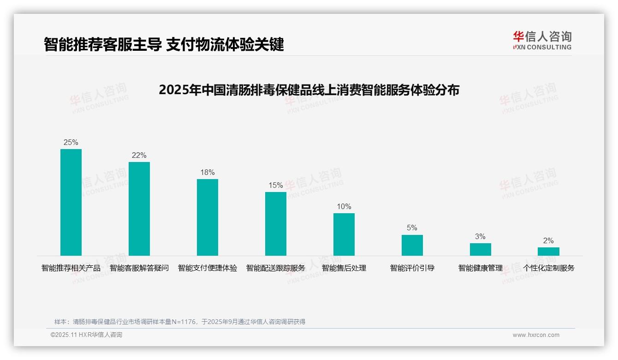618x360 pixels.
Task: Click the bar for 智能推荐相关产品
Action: coord(71,202)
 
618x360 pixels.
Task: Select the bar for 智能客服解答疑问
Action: coord(139,209)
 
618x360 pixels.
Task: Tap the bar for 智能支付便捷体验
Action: coord(208,217)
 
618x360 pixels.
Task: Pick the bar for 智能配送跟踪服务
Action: coord(276,224)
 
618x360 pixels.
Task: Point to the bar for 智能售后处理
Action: coord(344,234)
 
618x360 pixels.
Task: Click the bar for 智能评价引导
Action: coord(412,245)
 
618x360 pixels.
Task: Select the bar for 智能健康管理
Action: coord(481,249)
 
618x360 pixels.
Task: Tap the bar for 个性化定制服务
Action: coord(548,252)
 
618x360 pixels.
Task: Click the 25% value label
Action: coord(71,143)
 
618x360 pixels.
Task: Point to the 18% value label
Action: coord(208,173)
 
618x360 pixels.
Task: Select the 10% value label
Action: coord(344,207)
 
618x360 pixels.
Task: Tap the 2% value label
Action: coord(548,241)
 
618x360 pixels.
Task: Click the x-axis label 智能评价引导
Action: coord(412,268)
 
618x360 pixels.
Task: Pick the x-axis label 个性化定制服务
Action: coord(548,268)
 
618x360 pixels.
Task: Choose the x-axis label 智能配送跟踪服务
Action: coord(276,268)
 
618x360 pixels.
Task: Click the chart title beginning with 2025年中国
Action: coord(309,90)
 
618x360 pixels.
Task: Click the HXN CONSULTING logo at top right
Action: coord(542,41)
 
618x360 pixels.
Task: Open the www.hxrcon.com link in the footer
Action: coord(536,335)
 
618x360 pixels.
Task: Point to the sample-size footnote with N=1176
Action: coord(180,322)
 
